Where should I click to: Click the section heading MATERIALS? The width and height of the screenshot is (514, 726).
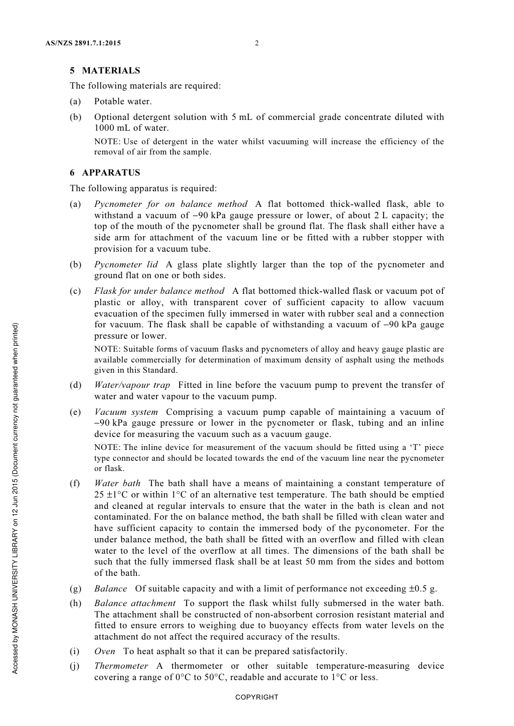coord(111,71)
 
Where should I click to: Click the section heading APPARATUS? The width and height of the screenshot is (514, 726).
coord(111,173)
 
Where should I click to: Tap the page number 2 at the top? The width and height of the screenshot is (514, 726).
coord(256,43)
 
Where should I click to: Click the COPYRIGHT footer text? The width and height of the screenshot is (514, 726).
coord(256,697)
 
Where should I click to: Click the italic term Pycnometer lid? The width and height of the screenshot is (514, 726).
coord(126,265)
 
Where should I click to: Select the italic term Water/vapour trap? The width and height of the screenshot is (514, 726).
coord(132,385)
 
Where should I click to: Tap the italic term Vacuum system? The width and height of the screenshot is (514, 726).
coord(126,412)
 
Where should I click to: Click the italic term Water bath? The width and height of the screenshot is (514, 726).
coord(117,483)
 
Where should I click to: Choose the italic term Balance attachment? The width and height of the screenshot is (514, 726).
coord(135,603)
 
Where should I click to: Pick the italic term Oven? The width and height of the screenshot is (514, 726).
coord(104,651)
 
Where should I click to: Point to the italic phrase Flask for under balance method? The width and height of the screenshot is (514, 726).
coord(159,291)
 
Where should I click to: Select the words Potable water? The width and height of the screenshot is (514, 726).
coord(123,102)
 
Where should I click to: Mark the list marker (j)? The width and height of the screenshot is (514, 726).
coord(75,666)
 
